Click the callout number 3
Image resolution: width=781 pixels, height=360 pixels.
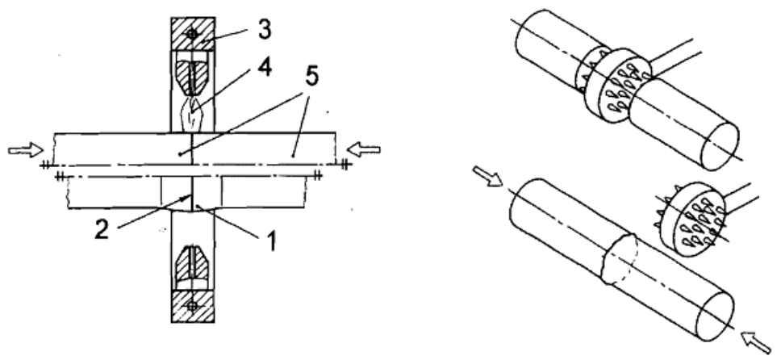265,30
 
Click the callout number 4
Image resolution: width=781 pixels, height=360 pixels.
264,67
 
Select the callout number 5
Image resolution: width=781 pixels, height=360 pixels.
312,77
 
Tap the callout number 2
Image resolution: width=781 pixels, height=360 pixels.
102,230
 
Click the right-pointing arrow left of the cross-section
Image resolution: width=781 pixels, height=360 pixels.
26,149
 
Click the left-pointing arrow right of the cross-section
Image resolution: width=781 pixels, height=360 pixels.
364,149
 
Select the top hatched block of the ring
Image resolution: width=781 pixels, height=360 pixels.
193,34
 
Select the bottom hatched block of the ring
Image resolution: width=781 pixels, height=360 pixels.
193,306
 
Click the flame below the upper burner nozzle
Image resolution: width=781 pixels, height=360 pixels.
193,113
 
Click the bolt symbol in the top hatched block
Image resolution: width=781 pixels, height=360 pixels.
192,33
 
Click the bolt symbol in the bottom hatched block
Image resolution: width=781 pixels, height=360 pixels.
193,306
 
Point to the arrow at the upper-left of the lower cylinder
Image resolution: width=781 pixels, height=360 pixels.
488,176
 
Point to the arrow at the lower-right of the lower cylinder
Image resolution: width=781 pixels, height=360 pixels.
757,341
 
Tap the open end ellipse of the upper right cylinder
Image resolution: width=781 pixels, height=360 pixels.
720,144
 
